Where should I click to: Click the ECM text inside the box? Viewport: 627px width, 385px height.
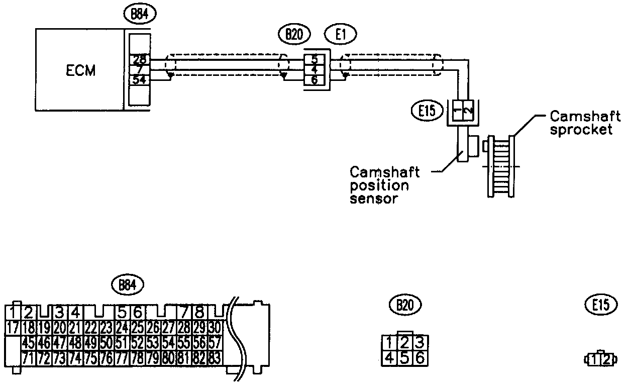(80, 71)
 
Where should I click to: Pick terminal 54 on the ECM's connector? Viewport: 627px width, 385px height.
(139, 79)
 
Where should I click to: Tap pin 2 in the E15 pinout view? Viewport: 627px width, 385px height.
(607, 359)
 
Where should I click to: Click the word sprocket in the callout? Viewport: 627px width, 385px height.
(581, 130)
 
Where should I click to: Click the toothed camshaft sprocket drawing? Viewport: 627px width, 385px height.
(500, 166)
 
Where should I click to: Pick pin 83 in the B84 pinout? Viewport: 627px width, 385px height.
(215, 358)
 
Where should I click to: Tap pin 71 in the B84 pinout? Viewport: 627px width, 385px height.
(29, 358)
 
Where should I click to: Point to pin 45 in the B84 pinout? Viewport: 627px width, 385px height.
(29, 343)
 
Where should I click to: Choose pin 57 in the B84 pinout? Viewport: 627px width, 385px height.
(215, 343)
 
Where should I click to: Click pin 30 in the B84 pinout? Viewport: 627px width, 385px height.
(215, 329)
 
